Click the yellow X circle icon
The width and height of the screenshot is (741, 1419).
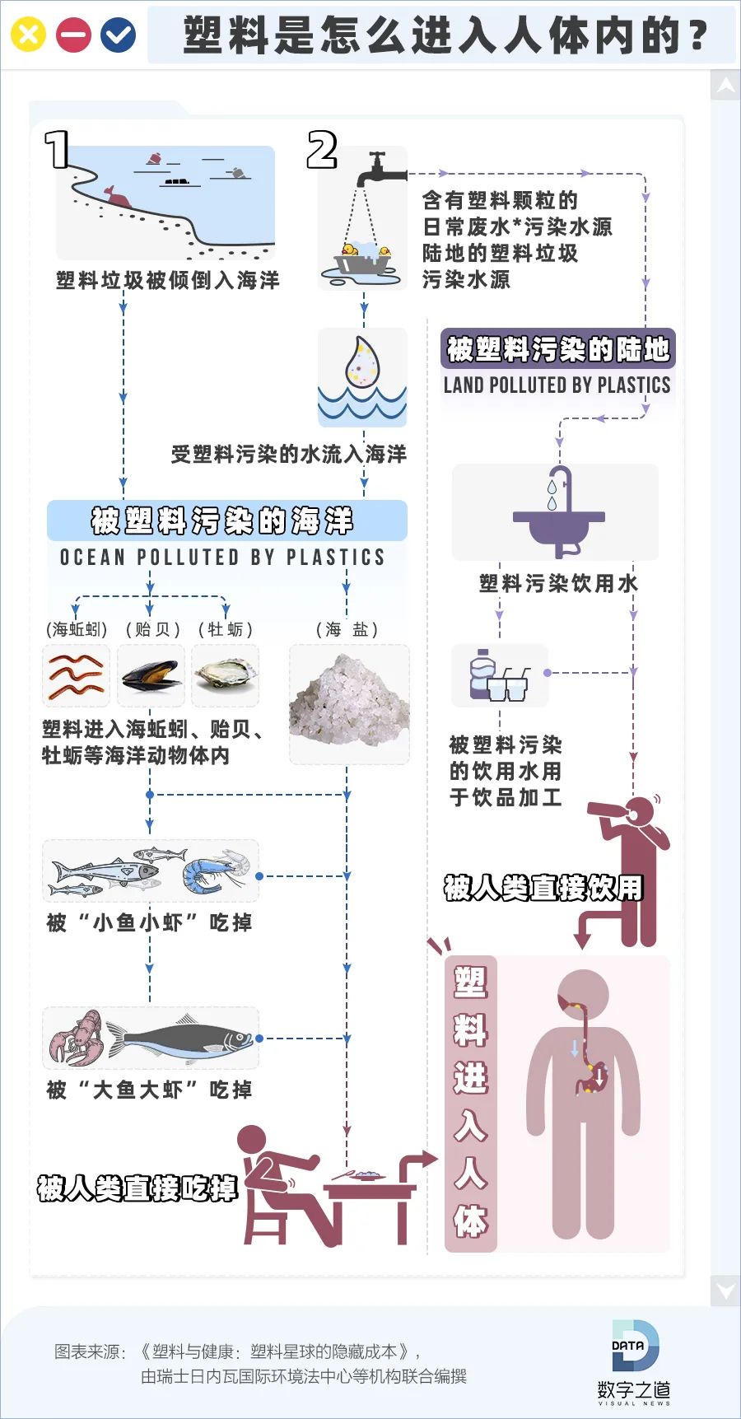(28, 35)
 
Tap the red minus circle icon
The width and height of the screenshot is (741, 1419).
(73, 35)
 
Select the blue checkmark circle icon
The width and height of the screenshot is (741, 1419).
(119, 35)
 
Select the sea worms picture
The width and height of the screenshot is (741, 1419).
(76, 675)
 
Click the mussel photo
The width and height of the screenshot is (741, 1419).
(151, 675)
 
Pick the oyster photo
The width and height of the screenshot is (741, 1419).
(226, 675)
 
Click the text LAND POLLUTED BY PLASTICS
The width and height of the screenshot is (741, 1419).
(557, 385)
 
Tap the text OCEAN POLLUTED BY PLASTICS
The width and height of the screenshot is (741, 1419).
(222, 557)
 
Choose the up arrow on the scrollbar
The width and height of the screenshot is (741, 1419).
(725, 85)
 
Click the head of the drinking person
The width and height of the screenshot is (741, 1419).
(640, 810)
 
